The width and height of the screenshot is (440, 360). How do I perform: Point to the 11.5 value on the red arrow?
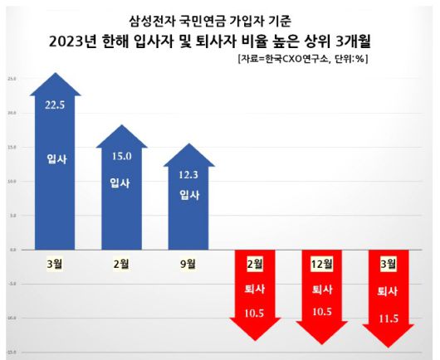click(389, 318)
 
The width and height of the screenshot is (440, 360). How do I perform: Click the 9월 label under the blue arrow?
click(188, 265)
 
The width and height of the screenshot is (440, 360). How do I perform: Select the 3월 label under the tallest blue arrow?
click(56, 265)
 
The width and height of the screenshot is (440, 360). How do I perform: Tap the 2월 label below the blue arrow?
click(121, 265)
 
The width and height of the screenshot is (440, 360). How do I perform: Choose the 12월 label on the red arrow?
click(322, 264)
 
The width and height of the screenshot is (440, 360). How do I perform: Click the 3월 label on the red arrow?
click(389, 264)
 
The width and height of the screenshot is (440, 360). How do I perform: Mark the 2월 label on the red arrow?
click(255, 264)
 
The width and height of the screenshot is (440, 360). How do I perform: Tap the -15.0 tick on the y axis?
click(12, 352)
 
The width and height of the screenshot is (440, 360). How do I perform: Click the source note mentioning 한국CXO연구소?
click(302, 59)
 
